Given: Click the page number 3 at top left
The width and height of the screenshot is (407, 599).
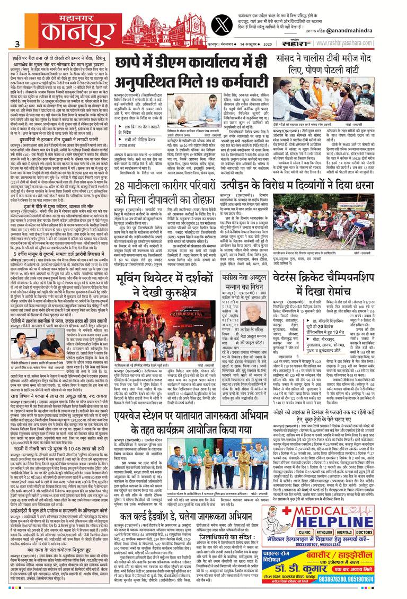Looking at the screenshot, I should point(17,44).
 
